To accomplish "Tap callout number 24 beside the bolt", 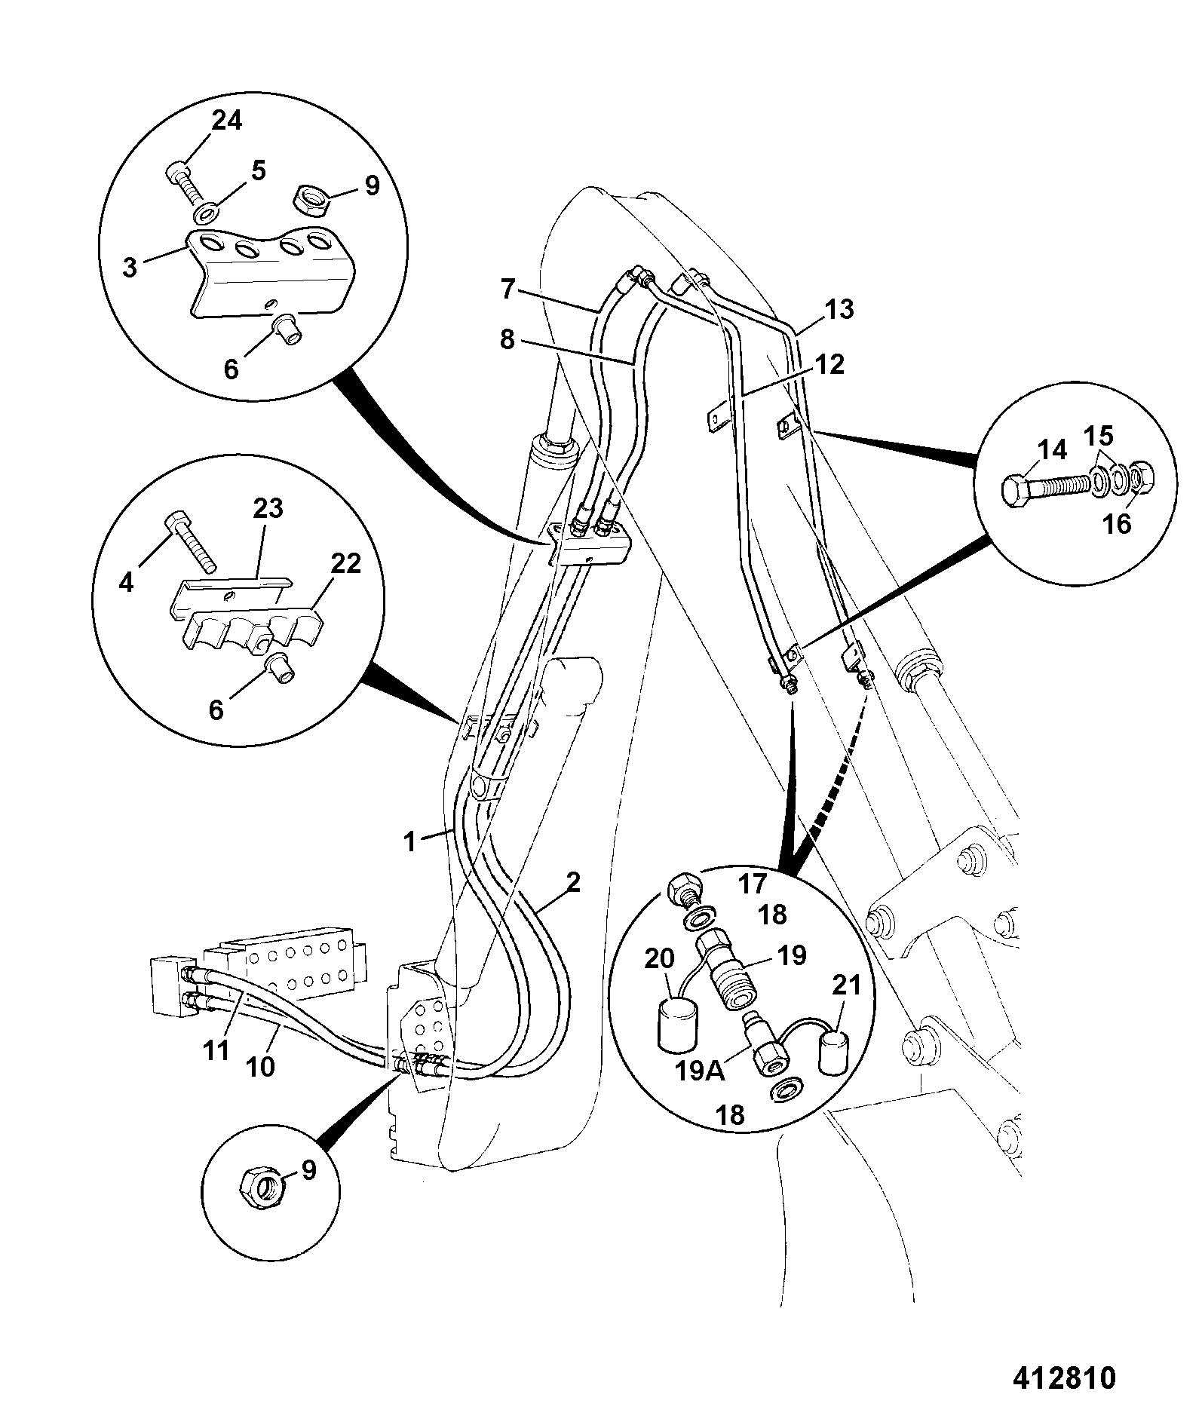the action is [x=226, y=120].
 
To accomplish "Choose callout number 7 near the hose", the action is [x=507, y=289].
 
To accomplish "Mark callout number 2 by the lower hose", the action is [x=573, y=882].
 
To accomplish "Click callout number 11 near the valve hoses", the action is [x=216, y=1050].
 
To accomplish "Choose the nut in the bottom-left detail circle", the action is [x=260, y=1189].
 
